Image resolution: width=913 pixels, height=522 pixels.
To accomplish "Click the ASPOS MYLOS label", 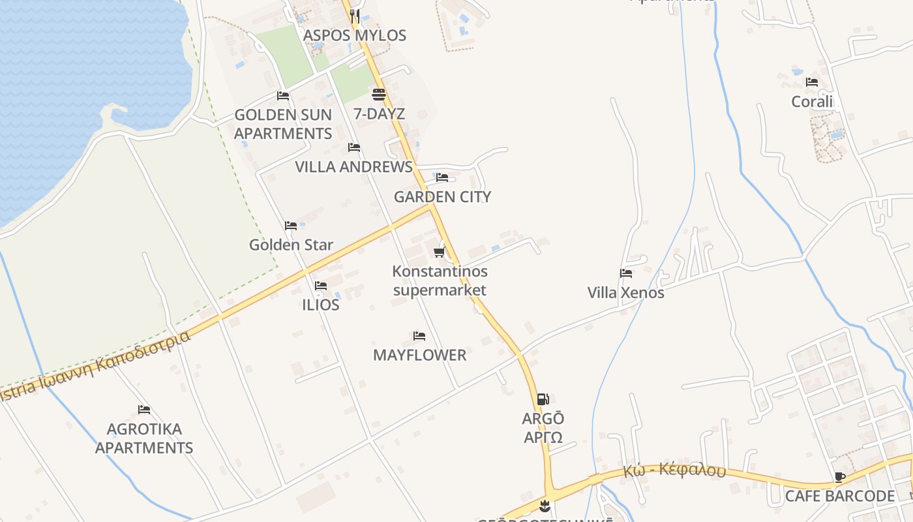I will point(355,35).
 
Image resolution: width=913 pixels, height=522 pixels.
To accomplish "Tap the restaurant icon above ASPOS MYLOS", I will point(355,16).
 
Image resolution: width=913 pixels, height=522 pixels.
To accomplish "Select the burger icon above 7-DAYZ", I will point(379,95).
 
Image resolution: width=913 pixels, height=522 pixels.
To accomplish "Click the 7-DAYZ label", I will point(379,114).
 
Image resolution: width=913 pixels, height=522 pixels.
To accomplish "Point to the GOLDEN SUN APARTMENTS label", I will point(283,124).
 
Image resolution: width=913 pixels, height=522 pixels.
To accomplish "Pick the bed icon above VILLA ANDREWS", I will point(354,147).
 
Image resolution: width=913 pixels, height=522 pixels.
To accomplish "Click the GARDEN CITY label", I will point(442,196).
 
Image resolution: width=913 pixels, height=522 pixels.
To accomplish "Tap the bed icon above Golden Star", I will point(291,226).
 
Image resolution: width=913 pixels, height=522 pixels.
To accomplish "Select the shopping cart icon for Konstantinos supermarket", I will point(439,252).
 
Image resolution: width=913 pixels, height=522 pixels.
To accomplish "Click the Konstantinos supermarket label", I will point(440,281).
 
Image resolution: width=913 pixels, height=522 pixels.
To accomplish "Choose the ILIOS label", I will point(321,305).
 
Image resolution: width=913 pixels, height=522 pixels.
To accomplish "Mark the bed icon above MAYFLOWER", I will point(419,336).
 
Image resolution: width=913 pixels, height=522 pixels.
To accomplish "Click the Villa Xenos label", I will point(626,292).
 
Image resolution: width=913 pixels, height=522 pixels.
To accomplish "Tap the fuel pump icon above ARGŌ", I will point(543,399).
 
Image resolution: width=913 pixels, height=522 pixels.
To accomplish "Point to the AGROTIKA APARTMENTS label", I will point(144,438).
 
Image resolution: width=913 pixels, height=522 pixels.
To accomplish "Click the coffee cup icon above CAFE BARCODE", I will point(840,477).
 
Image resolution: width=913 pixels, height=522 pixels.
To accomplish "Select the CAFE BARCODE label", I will point(840,496).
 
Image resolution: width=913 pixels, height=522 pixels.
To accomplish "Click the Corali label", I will point(812,101).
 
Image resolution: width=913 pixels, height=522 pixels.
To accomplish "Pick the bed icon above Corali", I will point(812,82).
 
